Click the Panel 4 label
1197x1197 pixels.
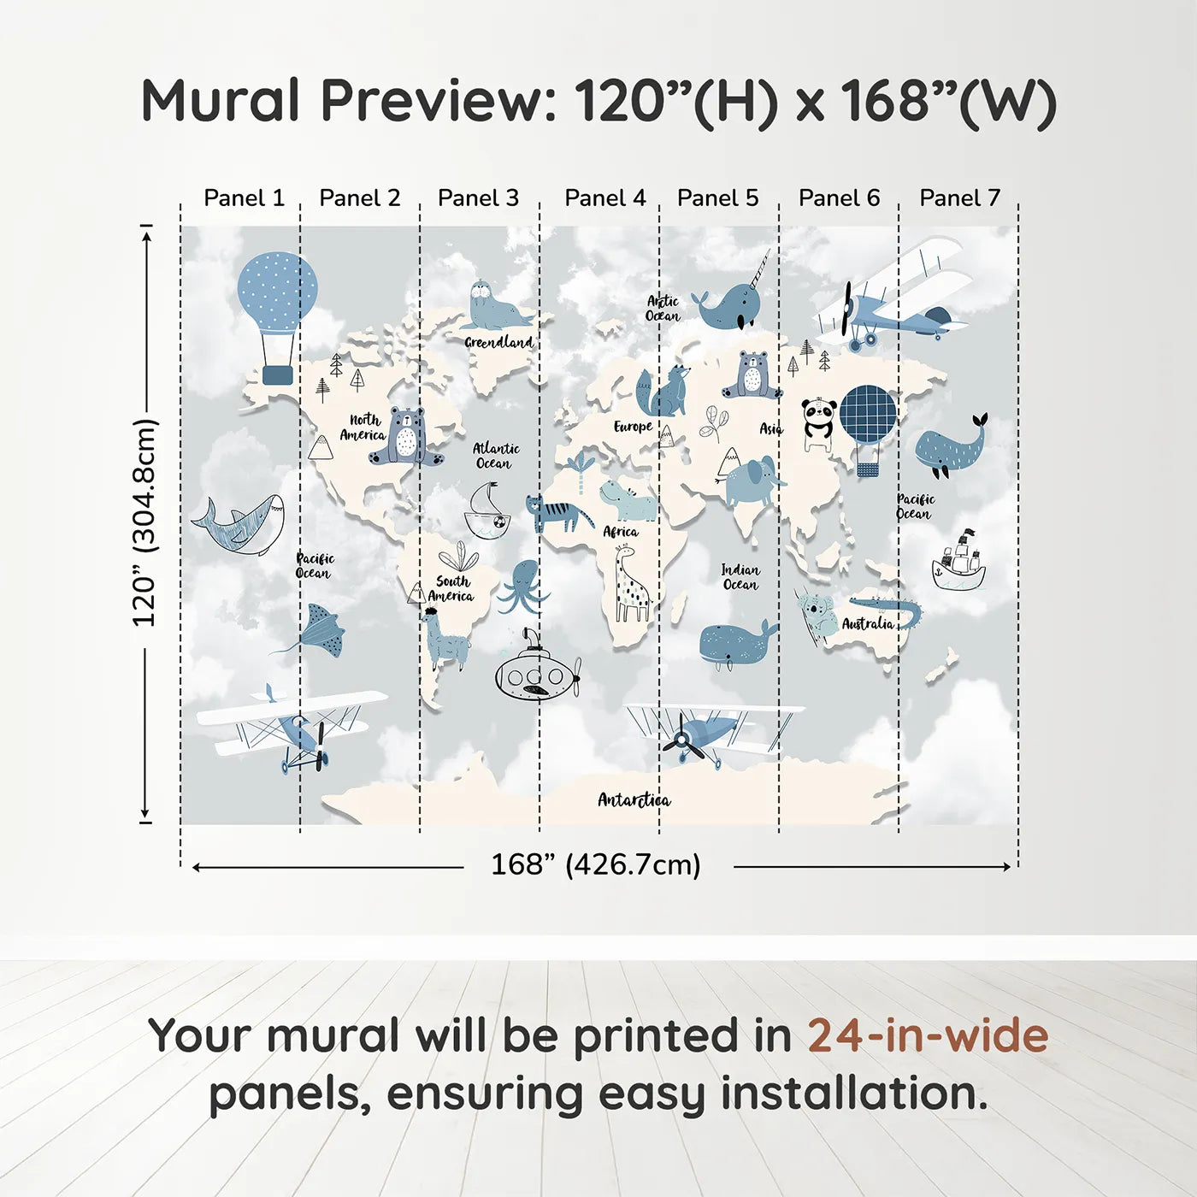point(605,198)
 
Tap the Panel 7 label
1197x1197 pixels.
point(959,198)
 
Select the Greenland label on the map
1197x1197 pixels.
point(499,342)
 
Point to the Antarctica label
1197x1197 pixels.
point(634,800)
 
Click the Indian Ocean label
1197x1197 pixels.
point(740,577)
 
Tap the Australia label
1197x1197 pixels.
point(868,624)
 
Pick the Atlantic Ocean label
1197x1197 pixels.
point(496,456)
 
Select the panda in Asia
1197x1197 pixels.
point(818,423)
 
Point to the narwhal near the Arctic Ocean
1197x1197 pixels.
point(731,304)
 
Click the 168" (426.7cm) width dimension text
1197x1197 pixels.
point(596,864)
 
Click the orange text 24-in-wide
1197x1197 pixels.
point(928,1036)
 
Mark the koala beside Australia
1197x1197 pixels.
point(817,616)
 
